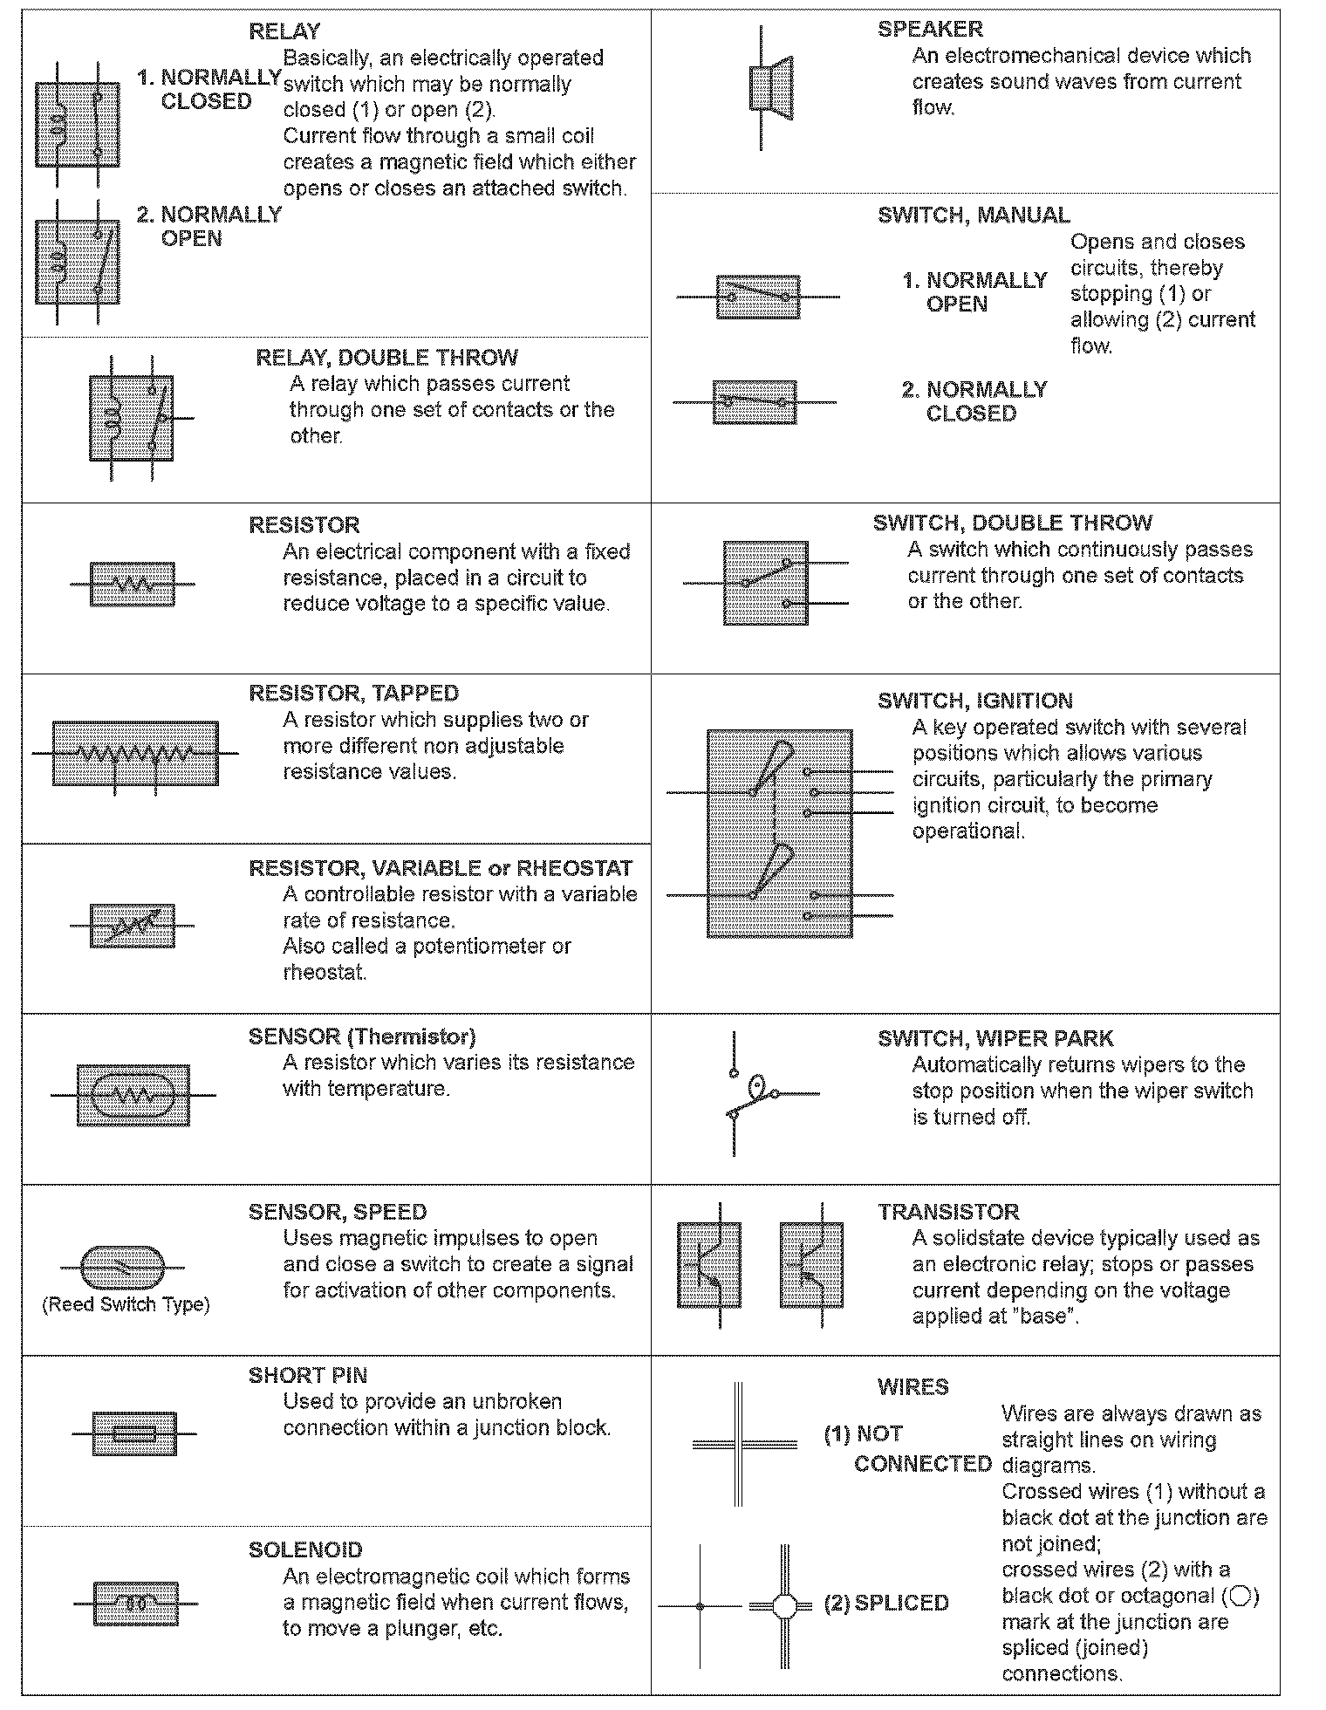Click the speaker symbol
[771, 89]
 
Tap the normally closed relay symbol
[77, 124]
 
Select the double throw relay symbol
[132, 418]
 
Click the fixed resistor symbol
[133, 584]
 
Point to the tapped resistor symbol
[135, 753]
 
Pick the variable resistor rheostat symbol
[133, 925]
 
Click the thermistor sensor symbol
[133, 1095]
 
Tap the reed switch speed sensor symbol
[121, 1267]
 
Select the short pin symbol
[134, 1433]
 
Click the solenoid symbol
[135, 1604]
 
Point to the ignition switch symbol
[779, 833]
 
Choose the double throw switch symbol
[765, 583]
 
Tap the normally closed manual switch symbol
[755, 402]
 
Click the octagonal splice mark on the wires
[784, 1605]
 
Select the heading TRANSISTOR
[948, 1212]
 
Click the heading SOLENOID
[304, 1550]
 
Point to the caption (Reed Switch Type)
[126, 1304]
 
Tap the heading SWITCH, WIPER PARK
[995, 1038]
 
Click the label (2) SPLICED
[885, 1604]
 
